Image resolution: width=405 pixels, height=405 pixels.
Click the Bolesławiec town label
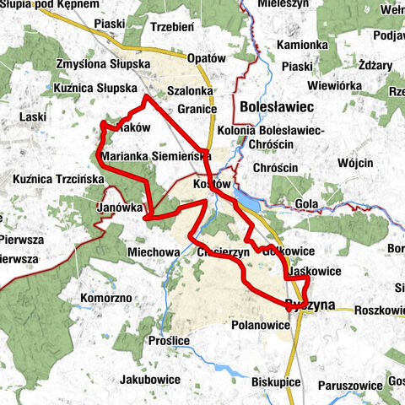tap(277, 107)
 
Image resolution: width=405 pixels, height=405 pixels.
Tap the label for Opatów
tap(206, 59)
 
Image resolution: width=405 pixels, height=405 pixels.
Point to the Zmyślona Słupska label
tap(102, 64)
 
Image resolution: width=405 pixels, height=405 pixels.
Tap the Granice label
tap(198, 109)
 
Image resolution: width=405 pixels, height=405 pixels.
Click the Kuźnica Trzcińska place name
tap(58, 179)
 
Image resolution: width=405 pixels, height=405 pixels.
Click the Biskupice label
tap(276, 382)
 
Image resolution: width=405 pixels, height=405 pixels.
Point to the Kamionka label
tap(302, 43)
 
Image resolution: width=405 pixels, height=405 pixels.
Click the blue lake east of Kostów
tap(250, 200)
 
